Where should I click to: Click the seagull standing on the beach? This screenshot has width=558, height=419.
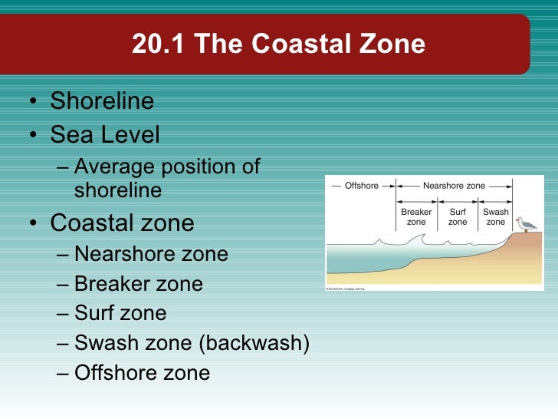click(x=525, y=224)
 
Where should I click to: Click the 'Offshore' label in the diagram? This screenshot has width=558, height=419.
click(x=362, y=186)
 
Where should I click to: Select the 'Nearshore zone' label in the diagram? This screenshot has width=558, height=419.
click(x=454, y=186)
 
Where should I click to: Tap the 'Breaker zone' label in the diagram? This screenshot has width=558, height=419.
click(x=416, y=216)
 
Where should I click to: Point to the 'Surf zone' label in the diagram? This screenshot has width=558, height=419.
click(x=458, y=216)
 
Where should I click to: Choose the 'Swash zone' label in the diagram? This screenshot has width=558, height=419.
click(x=496, y=216)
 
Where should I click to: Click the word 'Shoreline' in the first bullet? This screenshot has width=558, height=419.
click(x=102, y=101)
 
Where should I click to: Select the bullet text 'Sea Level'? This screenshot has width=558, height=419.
click(x=105, y=135)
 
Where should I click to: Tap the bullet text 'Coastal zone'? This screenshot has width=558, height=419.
click(x=122, y=223)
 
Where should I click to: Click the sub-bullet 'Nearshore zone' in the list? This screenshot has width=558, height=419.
click(x=151, y=253)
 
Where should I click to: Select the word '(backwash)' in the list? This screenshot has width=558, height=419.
click(x=254, y=343)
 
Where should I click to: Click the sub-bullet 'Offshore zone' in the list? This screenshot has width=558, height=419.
click(x=142, y=373)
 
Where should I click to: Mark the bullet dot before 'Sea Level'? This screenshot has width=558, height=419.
click(x=32, y=137)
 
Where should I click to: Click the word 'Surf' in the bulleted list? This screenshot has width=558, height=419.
click(x=95, y=313)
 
